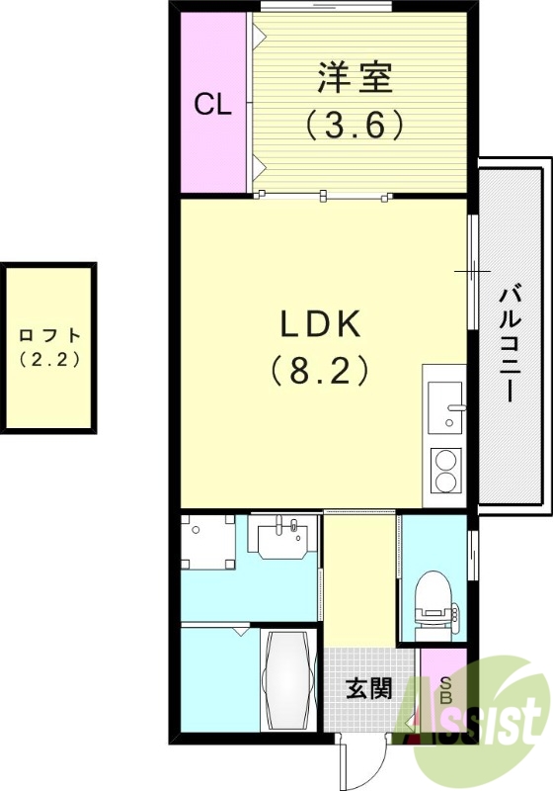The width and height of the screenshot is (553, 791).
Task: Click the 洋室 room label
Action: point(355,77)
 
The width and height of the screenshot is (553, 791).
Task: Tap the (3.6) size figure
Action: point(355,124)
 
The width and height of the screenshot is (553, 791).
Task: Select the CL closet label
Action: point(211,105)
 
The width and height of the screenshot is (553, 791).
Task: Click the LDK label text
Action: point(322,324)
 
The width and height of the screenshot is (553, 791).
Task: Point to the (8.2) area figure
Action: point(322,371)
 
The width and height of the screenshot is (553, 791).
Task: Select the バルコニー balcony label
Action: point(511,342)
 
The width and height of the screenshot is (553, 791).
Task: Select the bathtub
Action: point(287,680)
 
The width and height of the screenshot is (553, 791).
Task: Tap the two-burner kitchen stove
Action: point(445,472)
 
